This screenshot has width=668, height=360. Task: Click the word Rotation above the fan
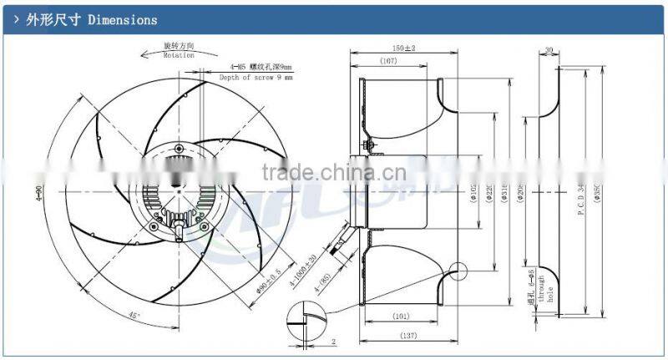click(178, 54)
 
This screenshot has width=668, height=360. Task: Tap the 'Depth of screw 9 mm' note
click(256, 77)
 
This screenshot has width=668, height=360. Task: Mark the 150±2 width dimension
click(404, 48)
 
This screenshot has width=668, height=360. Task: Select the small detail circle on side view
click(458, 271)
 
